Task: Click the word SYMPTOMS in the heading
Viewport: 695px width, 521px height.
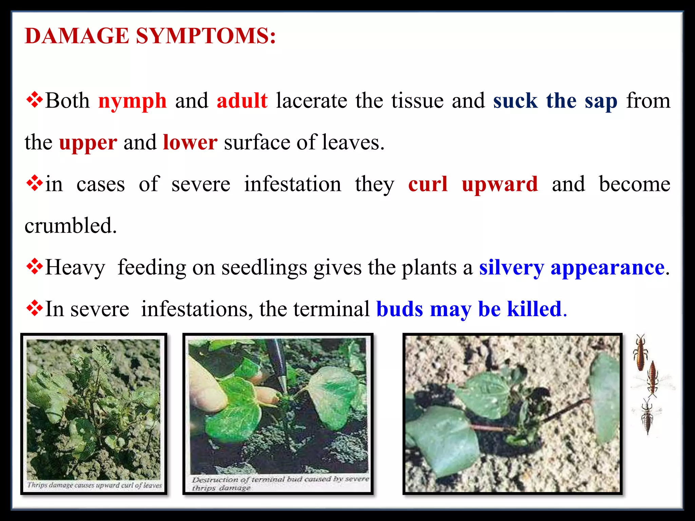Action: click(206, 36)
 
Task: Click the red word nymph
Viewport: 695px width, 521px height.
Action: click(132, 101)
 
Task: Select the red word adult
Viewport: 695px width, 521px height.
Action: click(242, 101)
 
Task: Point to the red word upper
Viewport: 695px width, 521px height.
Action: click(88, 143)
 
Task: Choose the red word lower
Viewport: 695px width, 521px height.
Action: click(190, 142)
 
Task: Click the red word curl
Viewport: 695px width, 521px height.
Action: click(428, 184)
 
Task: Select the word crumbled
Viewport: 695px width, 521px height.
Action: click(71, 226)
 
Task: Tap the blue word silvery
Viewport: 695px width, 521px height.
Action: click(511, 268)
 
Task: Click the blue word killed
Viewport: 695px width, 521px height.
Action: click(534, 309)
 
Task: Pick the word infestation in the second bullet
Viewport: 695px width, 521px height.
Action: click(293, 184)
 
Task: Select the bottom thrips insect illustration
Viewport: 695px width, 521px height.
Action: click(647, 417)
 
